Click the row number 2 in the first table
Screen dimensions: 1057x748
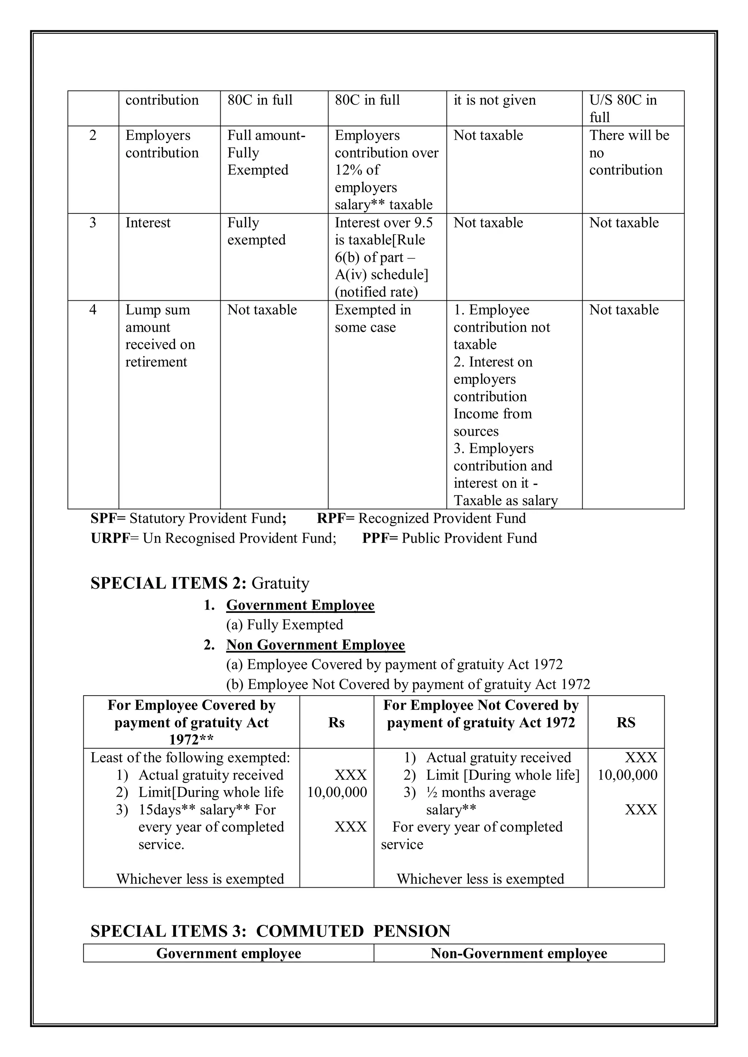pyautogui.click(x=92, y=135)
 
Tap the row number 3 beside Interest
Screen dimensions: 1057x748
pyautogui.click(x=92, y=223)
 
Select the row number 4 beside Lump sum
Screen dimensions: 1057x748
pyautogui.click(x=92, y=310)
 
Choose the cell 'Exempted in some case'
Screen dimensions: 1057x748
pyautogui.click(x=373, y=319)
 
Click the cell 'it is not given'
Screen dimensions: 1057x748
pyautogui.click(x=494, y=100)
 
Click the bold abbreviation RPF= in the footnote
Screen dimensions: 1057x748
pyautogui.click(x=336, y=518)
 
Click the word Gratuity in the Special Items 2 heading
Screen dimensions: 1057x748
pyautogui.click(x=280, y=583)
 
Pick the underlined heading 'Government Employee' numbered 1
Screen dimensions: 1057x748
pyautogui.click(x=300, y=605)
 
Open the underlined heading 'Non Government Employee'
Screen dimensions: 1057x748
pyautogui.click(x=316, y=645)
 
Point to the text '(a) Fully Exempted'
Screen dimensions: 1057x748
pyautogui.click(x=285, y=625)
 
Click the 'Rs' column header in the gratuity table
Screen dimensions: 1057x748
pyautogui.click(x=336, y=723)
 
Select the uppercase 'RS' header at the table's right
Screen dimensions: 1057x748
pyautogui.click(x=626, y=723)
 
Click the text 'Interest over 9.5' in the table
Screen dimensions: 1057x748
pyautogui.click(x=383, y=223)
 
